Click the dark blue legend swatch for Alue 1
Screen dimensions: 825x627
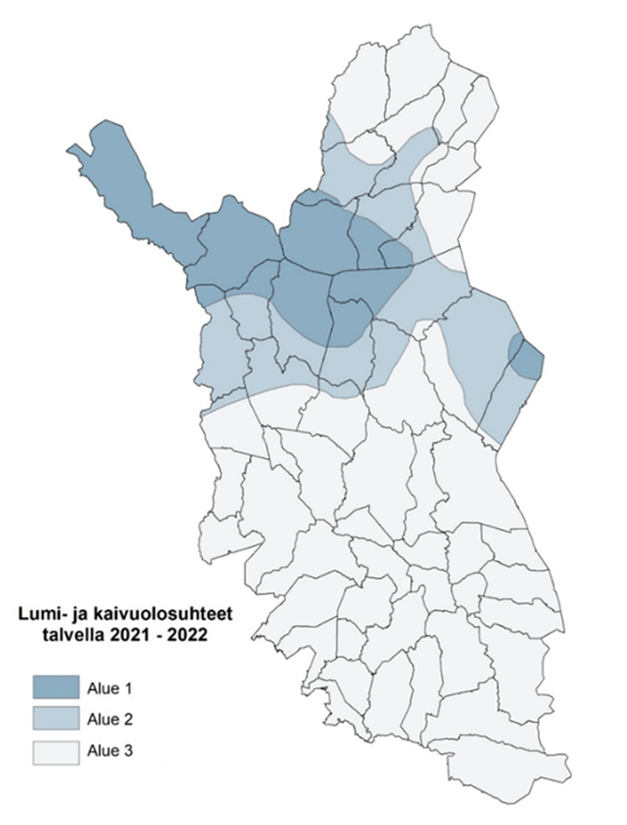click(x=57, y=687)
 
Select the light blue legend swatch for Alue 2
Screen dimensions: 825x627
click(x=57, y=719)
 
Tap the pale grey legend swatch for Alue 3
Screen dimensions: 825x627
click(x=57, y=750)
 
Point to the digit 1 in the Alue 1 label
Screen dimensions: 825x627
click(x=127, y=687)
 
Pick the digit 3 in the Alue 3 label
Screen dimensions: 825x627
click(x=127, y=750)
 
